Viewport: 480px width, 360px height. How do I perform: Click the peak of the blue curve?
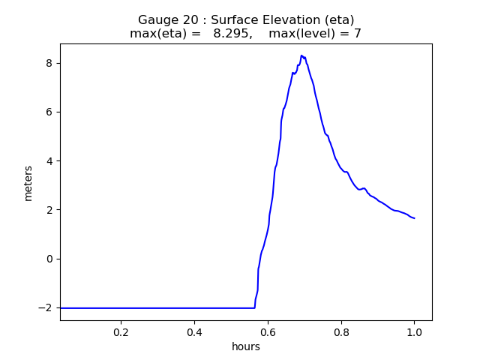(301, 55)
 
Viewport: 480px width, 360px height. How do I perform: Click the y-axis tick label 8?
(49, 63)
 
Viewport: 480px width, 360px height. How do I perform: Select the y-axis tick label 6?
(49, 112)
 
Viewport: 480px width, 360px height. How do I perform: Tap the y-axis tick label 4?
(49, 161)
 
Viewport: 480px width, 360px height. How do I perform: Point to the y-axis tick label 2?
(49, 210)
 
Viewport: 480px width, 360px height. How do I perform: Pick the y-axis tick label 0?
(49, 259)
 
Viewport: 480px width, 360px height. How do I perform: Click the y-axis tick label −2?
(45, 308)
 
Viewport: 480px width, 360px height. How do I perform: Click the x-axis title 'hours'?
(246, 346)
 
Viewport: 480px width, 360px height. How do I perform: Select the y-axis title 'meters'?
(28, 183)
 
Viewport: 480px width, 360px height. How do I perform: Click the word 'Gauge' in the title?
(157, 20)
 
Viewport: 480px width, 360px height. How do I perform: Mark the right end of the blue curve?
(414, 218)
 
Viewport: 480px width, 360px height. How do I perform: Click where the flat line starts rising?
(255, 307)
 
